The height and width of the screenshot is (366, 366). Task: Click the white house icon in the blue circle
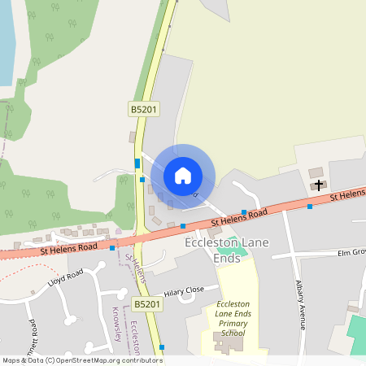click(x=183, y=175)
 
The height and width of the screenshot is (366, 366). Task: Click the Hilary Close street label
click(x=183, y=290)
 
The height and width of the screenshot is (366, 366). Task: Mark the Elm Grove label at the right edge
click(x=352, y=254)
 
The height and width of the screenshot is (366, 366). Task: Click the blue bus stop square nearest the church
click(x=309, y=206)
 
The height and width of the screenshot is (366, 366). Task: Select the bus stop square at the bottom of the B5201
click(x=162, y=347)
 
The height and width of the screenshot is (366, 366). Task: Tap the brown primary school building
click(x=228, y=343)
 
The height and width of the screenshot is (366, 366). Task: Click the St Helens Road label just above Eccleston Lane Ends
click(x=240, y=217)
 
